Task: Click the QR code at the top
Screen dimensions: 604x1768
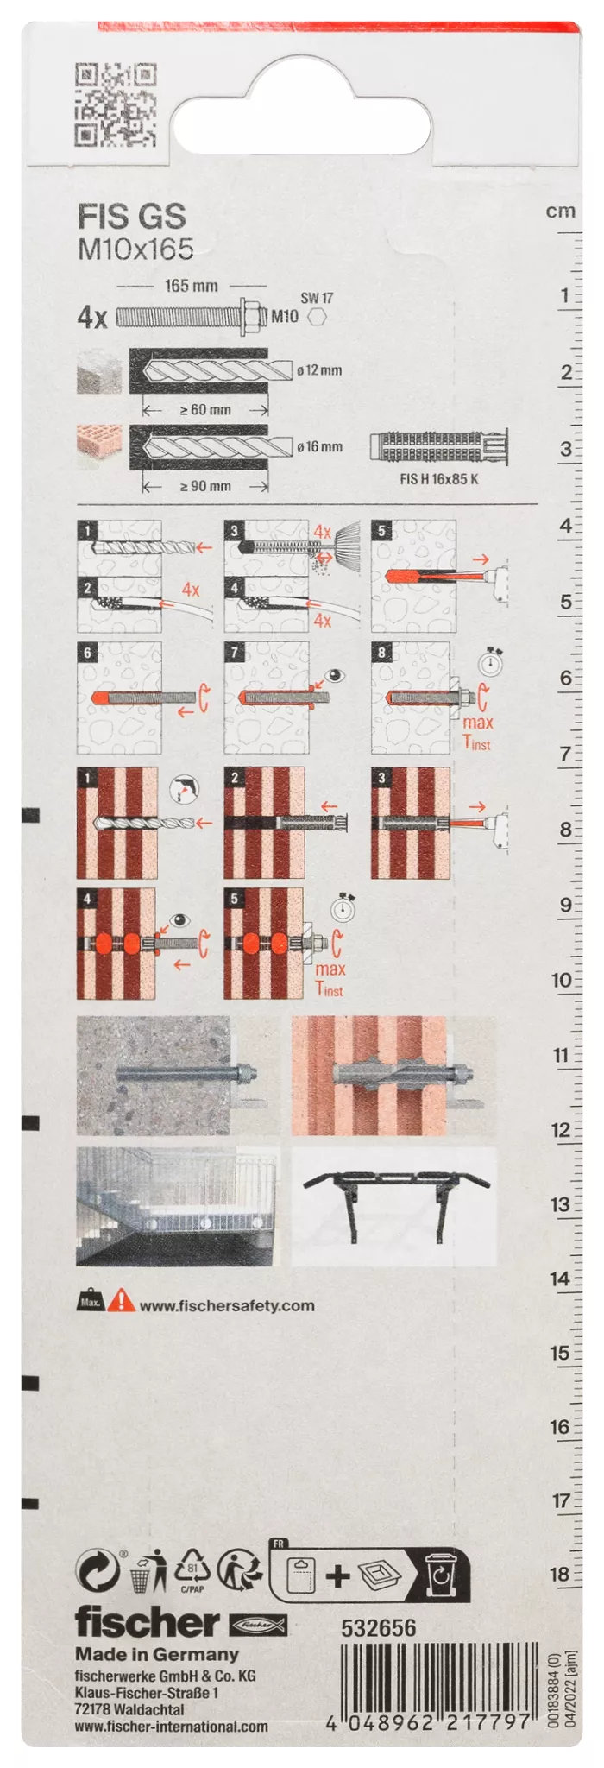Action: click(x=116, y=104)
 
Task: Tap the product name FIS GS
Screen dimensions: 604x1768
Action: click(x=132, y=216)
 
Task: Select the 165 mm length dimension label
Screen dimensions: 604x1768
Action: click(x=192, y=286)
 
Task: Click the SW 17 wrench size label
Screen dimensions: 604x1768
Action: click(x=317, y=298)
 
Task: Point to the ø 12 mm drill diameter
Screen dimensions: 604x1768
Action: click(x=319, y=370)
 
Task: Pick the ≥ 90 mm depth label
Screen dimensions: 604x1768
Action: click(x=205, y=486)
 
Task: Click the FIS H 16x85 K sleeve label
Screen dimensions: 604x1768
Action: click(x=438, y=479)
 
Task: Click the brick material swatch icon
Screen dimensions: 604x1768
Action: click(x=99, y=446)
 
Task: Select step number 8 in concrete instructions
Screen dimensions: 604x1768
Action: click(x=381, y=652)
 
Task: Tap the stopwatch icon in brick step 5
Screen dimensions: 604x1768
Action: click(x=343, y=908)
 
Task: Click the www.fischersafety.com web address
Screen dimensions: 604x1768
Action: click(x=227, y=1305)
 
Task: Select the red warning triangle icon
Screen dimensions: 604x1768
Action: click(x=122, y=1300)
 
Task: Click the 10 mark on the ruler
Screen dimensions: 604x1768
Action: click(x=561, y=980)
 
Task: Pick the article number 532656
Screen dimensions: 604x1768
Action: click(x=379, y=1628)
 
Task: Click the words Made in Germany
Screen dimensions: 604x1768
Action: click(x=157, y=1654)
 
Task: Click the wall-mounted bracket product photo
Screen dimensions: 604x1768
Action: click(x=394, y=1206)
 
